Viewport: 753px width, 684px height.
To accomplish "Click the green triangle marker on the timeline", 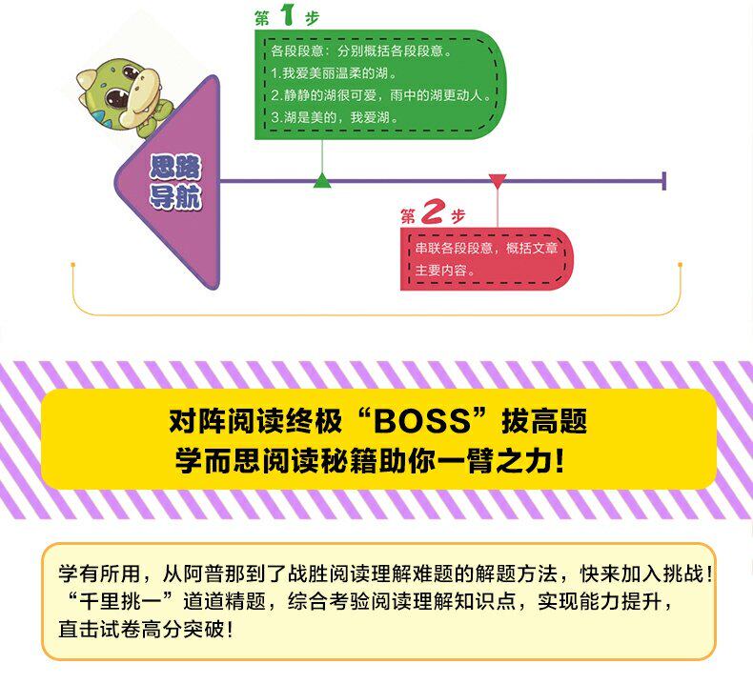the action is coord(322,181).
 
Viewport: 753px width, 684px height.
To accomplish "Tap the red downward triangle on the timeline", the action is coord(498,181).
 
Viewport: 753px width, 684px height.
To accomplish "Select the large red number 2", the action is coord(433,213).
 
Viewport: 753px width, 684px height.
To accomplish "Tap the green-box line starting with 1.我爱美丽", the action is coord(333,72).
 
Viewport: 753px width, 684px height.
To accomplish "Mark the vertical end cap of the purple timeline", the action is coord(663,181).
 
